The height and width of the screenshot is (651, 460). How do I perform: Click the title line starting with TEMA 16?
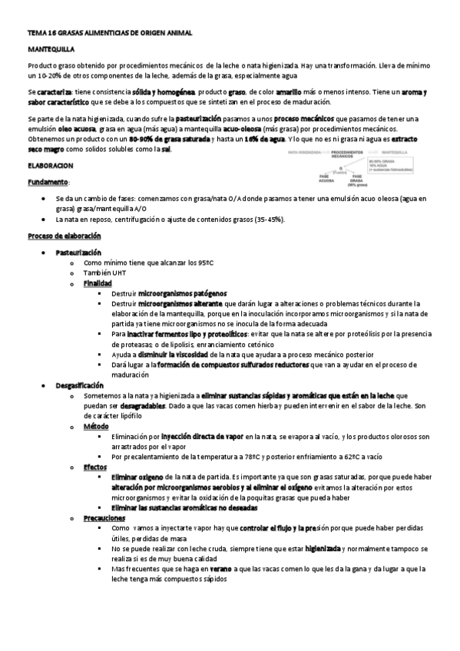tap(110, 34)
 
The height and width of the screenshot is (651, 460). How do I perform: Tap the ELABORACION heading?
tap(50, 165)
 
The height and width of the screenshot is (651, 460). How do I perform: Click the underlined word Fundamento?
tap(47, 182)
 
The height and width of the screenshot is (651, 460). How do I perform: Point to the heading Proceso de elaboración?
tap(66, 236)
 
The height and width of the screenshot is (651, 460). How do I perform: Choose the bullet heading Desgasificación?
tap(79, 385)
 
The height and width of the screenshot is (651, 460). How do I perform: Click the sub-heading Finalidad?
tap(98, 283)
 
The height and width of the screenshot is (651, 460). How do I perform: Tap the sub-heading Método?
tap(96, 426)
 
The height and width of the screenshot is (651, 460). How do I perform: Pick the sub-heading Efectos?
tap(95, 467)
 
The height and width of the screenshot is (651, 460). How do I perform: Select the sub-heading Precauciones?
tap(104, 518)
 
